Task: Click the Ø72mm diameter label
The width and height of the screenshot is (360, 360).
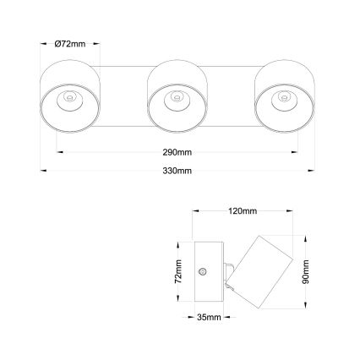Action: (70, 44)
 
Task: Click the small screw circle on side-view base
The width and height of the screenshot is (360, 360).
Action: (202, 271)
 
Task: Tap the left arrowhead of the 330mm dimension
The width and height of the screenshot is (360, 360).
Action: (43, 171)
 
